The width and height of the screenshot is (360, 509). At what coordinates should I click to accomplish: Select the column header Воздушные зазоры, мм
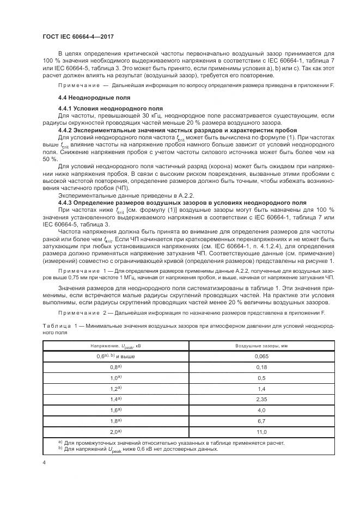pos(261,346)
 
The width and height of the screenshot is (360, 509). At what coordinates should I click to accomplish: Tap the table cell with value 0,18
pos(261,367)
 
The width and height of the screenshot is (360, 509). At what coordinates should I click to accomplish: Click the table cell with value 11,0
pos(261,432)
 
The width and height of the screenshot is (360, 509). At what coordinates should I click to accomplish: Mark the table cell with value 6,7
pos(261,421)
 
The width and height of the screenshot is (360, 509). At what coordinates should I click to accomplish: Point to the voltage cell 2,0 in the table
pos(115,432)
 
